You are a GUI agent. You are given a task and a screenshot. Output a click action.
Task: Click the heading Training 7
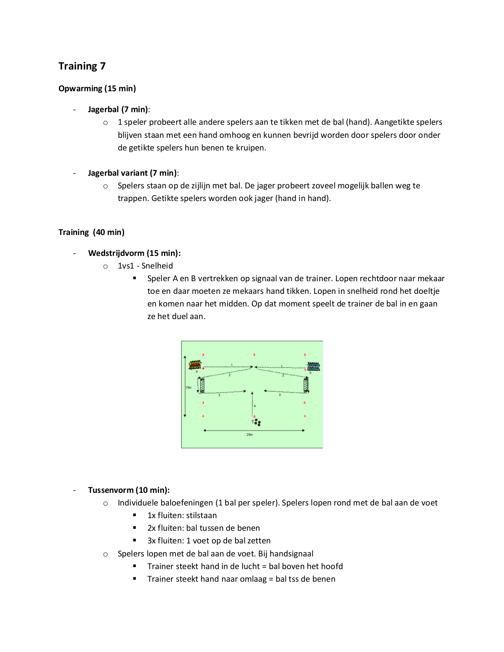point(82,66)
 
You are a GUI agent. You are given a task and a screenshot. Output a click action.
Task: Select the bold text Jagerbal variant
point(118,173)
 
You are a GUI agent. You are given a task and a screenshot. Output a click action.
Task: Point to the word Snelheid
point(157,266)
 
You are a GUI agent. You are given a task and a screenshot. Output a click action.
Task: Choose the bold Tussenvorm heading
point(111,490)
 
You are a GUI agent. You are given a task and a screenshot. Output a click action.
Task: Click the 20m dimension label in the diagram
point(249,435)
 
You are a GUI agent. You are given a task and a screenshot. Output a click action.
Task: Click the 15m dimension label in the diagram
point(189,387)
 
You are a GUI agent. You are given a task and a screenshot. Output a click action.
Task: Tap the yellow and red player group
point(195,365)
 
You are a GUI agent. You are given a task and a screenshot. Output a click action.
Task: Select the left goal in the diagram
point(202,385)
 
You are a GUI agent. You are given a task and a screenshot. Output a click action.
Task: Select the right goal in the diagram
point(306,385)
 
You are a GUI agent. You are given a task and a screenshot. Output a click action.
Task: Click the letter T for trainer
point(253,422)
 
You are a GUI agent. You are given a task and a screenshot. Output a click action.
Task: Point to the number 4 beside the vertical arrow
point(255,406)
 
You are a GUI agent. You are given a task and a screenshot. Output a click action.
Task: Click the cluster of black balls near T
point(258,423)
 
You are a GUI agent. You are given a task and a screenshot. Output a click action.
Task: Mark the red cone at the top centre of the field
point(254,355)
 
